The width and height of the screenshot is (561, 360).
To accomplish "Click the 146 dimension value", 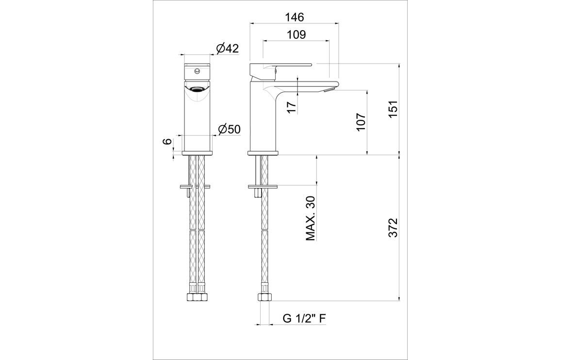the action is coord(294,17).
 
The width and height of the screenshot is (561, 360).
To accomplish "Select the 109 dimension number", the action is coord(296,34).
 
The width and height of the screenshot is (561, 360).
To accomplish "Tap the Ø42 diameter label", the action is coord(228,49).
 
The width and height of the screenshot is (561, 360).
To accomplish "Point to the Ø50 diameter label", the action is coord(229,129).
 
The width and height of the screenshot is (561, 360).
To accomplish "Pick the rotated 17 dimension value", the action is coord(292,107).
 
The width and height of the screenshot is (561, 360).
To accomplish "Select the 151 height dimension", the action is coord(393,110).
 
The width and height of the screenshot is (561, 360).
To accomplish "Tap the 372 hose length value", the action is coord(393,227).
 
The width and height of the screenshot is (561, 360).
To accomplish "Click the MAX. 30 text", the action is coord(310,218).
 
